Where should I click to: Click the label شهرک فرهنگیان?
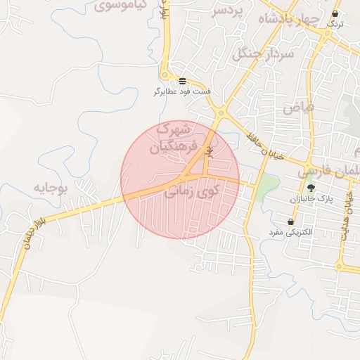click(170, 138)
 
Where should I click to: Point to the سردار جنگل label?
click(256, 52)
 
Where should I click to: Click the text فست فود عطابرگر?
click(183, 92)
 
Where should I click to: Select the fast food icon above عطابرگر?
click(183, 81)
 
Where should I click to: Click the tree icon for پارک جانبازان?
click(311, 188)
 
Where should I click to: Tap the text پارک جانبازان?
click(310, 200)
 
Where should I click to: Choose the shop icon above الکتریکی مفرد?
click(290, 221)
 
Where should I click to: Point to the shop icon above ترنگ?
click(335, 13)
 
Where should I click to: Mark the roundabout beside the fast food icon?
click(165, 75)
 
